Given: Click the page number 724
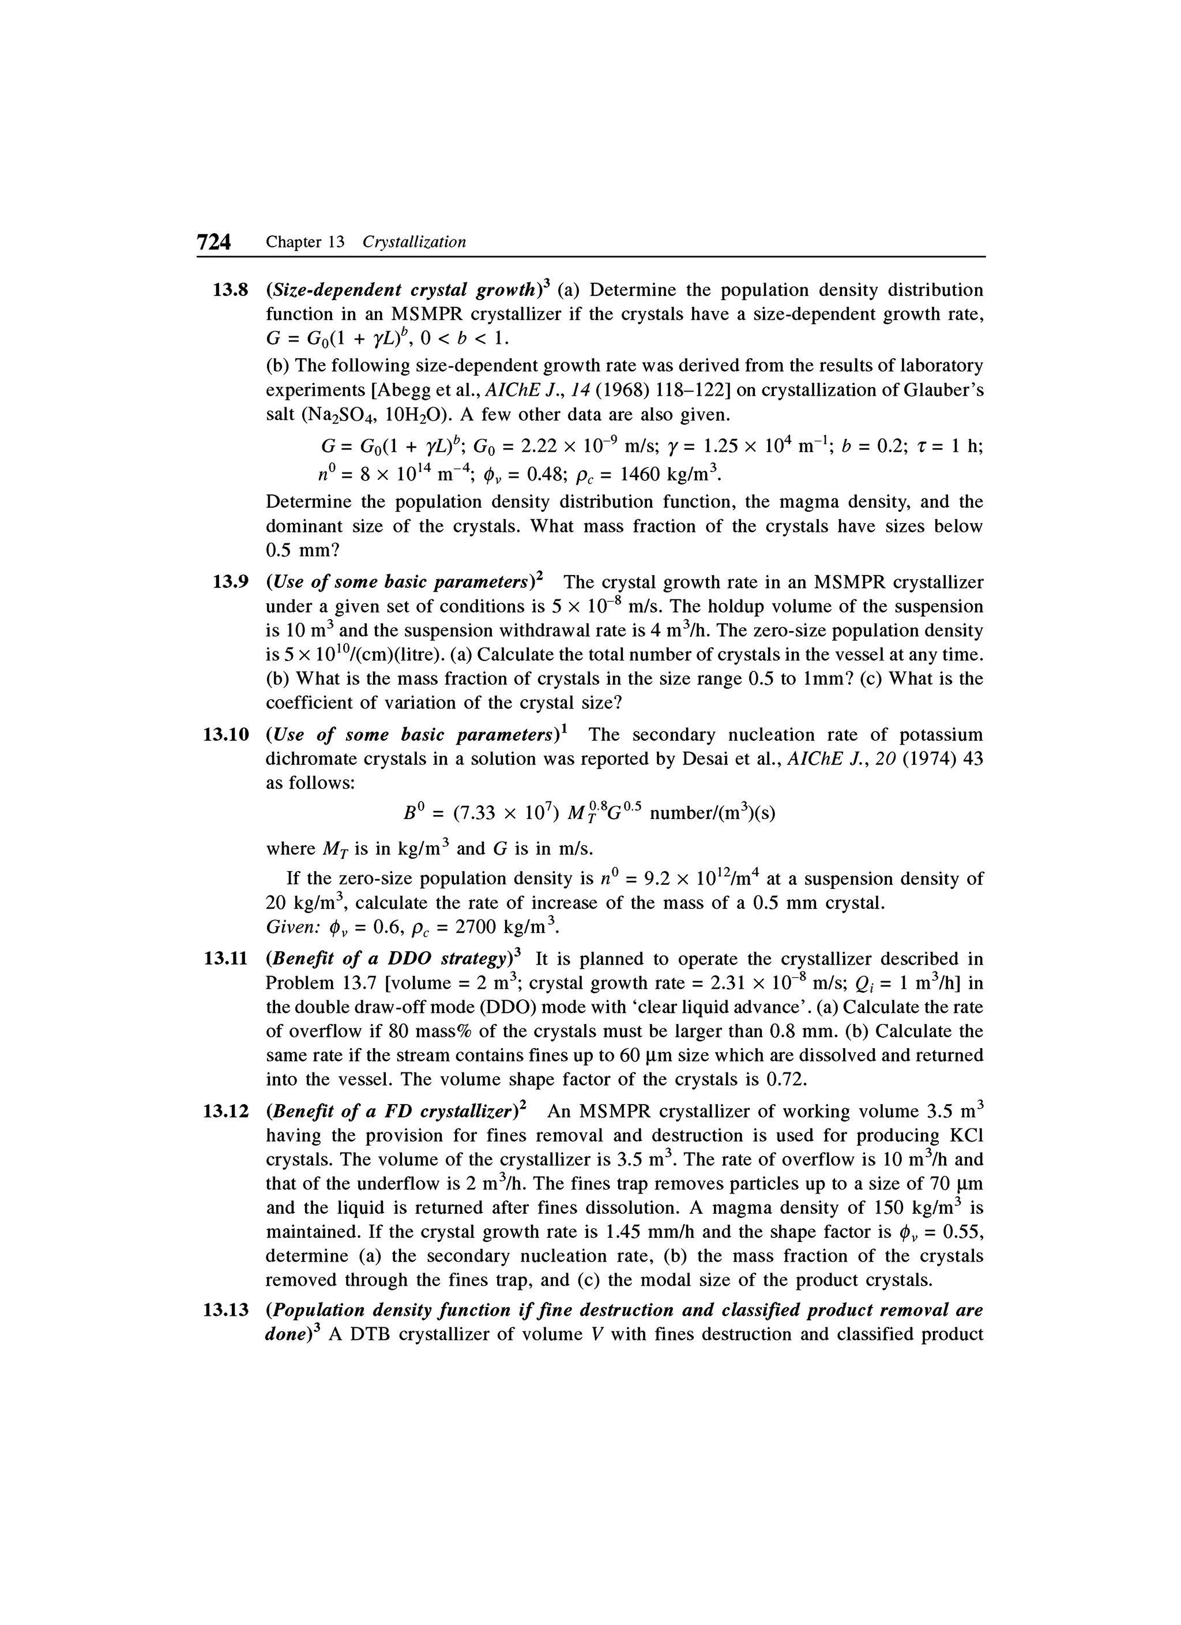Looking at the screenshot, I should tap(213, 243).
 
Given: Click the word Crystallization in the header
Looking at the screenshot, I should tap(414, 242).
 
